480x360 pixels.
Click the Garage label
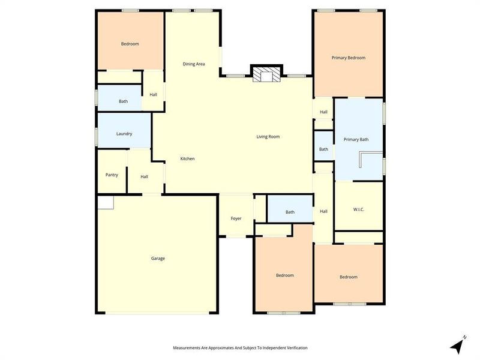tap(158, 259)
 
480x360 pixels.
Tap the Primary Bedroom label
tap(349, 58)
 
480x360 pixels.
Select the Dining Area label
tap(194, 64)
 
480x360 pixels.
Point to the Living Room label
tap(268, 137)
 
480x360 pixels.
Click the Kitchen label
tap(188, 158)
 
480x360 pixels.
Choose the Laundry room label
tap(124, 134)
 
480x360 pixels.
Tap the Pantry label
tap(112, 175)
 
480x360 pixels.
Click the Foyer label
tap(236, 218)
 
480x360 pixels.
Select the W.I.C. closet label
tap(359, 209)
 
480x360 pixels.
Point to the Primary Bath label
tap(356, 140)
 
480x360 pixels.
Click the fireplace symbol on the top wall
tap(265, 74)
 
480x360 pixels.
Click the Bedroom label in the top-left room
tap(130, 44)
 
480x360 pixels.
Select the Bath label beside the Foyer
tap(290, 212)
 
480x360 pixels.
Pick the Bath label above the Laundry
tap(123, 101)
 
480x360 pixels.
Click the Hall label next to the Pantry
tap(145, 176)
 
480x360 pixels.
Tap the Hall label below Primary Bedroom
tap(323, 112)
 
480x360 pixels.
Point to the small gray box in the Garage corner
tap(106, 203)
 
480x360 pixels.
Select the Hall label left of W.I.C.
tap(323, 211)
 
